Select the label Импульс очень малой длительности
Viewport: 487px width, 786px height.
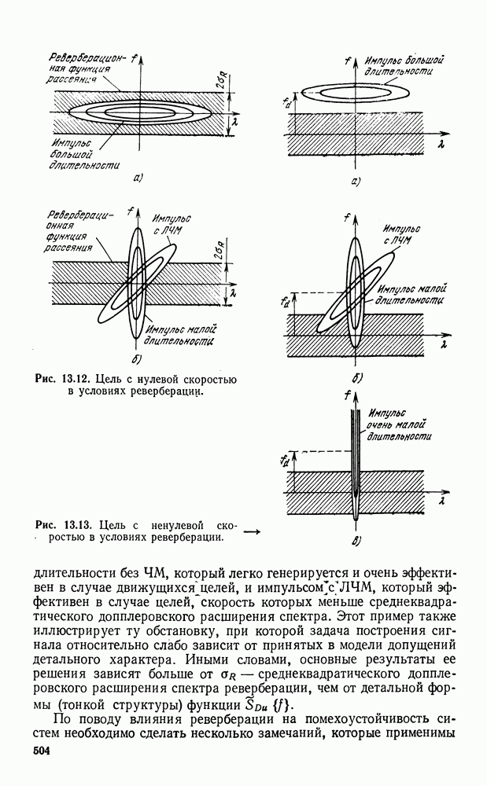tap(399, 424)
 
